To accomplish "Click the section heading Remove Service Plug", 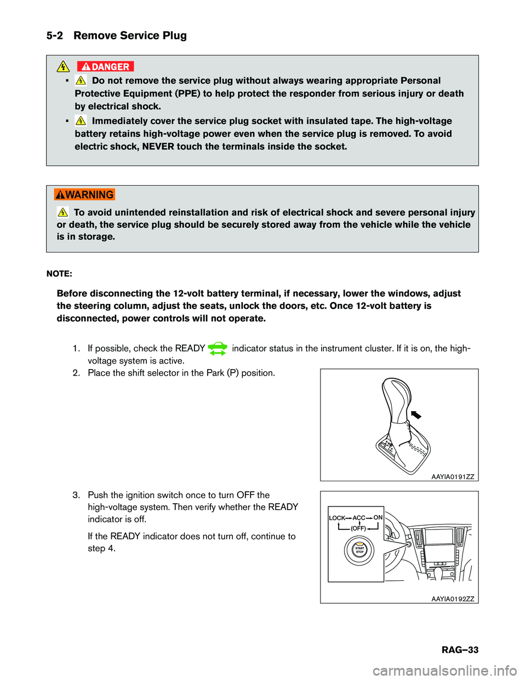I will (130, 36).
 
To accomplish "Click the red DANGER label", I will (105, 67).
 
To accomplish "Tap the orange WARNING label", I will (84, 195).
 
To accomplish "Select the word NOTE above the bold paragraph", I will (59, 274).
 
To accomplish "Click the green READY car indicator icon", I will (218, 349).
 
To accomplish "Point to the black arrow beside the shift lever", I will (416, 414).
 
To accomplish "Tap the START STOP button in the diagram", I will (359, 550).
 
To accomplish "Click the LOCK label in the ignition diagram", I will (337, 518).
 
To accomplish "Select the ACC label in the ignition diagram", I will (359, 518).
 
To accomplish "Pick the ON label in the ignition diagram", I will (378, 517).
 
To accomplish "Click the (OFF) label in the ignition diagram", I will (358, 528).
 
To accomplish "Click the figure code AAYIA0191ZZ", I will (453, 477).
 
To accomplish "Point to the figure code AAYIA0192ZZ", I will (453, 599).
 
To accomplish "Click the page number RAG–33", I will (460, 650).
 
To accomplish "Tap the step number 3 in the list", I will (76, 495).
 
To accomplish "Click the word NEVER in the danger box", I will (158, 147).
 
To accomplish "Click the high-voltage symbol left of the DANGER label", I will (63, 67).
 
